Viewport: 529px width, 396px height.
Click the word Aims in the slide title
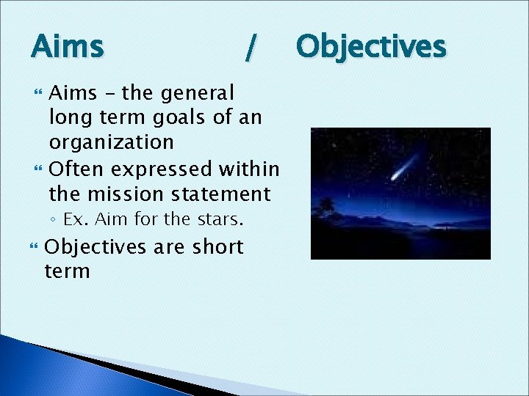[x=68, y=48]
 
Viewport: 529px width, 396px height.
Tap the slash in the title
[x=251, y=48]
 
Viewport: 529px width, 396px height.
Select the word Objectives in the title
[x=371, y=47]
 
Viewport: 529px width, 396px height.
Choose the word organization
[x=111, y=142]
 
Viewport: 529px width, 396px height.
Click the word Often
[x=77, y=169]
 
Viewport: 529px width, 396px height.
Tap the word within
[x=249, y=169]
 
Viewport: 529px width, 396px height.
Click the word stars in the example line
[x=221, y=219]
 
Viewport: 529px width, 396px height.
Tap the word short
[x=217, y=247]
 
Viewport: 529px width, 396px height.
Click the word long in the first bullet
[x=68, y=117]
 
